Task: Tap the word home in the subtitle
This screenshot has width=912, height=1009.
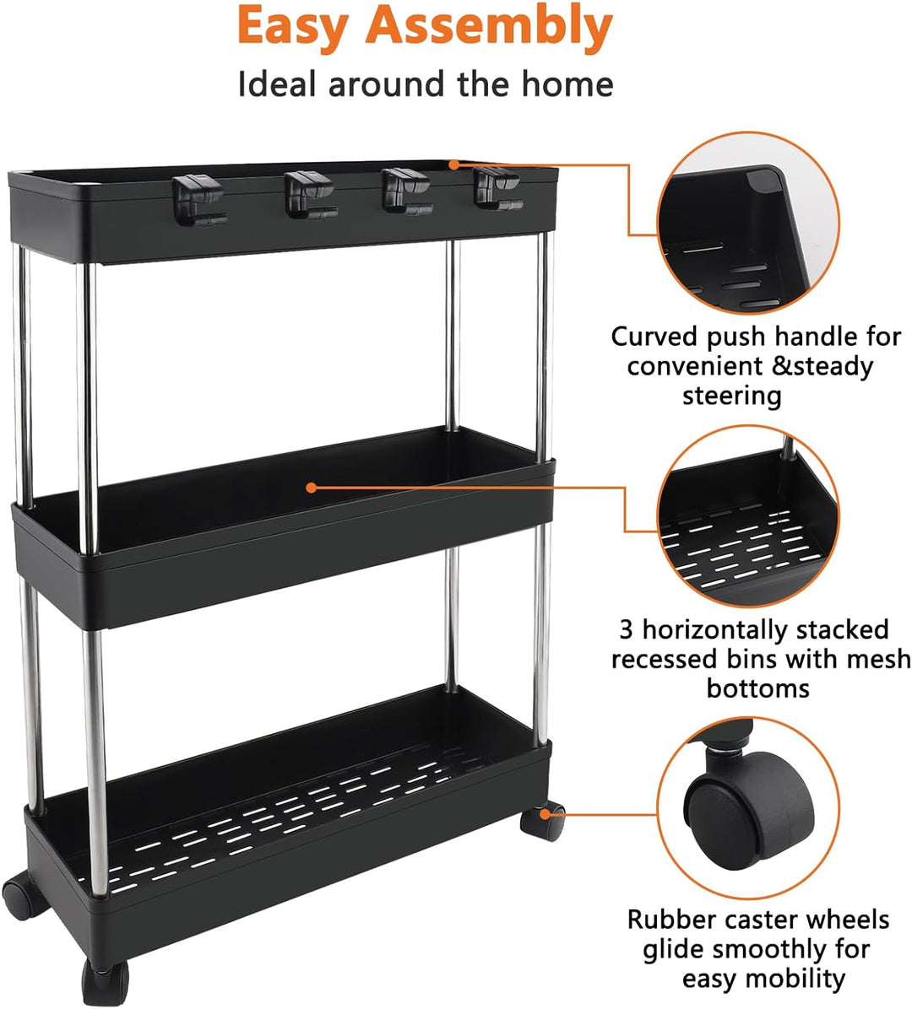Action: coord(567,84)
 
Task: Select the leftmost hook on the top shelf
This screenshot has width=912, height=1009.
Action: coord(198,202)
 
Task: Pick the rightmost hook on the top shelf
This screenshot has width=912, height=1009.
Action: coord(497,188)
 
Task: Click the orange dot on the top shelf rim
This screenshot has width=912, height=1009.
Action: coord(454,165)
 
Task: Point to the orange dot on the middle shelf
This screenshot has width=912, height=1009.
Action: coord(311,488)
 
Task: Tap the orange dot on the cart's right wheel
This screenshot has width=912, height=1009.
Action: coord(545,814)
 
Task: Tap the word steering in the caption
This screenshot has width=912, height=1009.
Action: coord(731,396)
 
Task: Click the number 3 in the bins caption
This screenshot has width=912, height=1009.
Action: coord(626,630)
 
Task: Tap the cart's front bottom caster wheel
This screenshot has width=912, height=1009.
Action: coord(105,983)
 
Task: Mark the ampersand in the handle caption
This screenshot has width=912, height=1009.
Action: coord(780,366)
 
